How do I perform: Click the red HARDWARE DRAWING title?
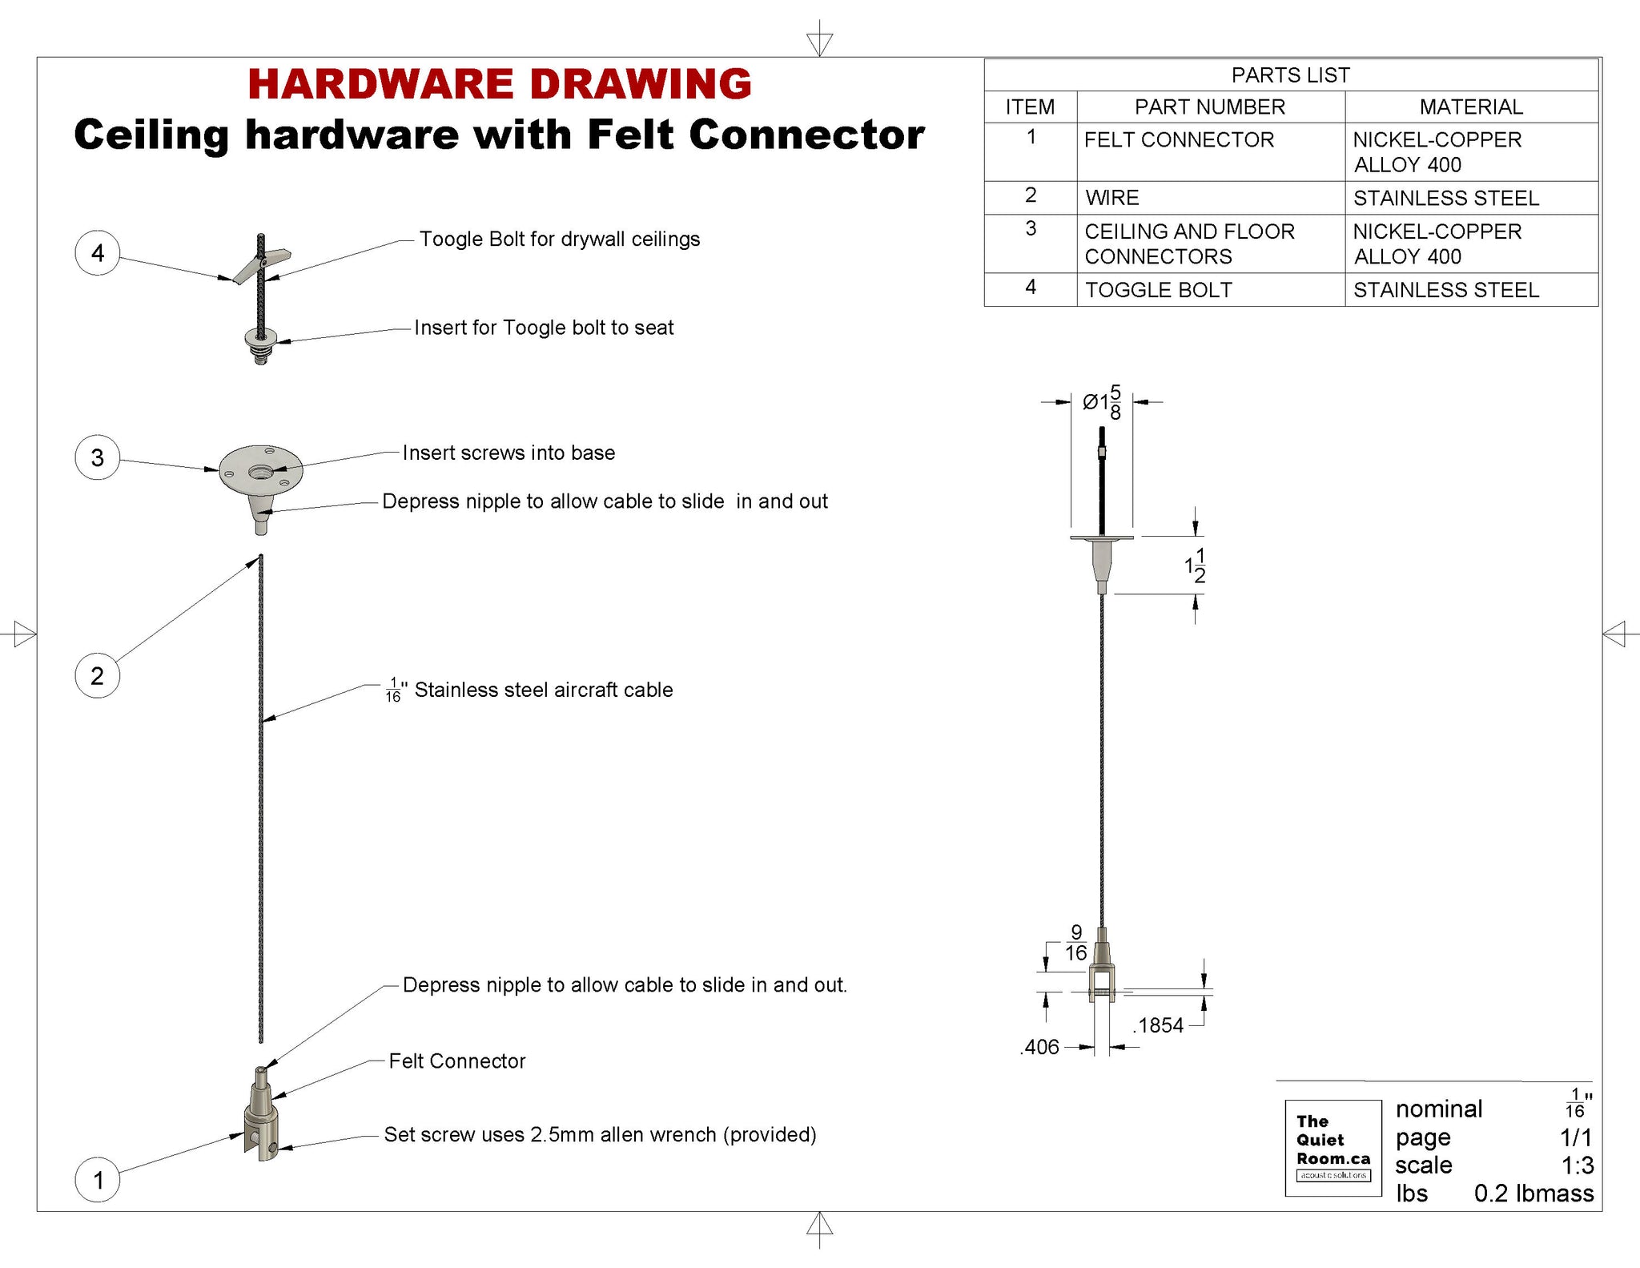coord(500,84)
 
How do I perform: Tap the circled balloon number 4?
coord(98,253)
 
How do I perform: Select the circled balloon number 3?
coord(98,457)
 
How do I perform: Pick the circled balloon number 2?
coord(98,676)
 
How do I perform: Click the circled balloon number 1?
coord(98,1180)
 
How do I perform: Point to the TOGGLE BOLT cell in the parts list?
coord(1158,290)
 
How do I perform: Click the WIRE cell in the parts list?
coord(1112,198)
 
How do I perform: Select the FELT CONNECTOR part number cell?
coord(1179,140)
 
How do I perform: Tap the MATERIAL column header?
coord(1471,107)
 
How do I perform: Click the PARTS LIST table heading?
coord(1290,75)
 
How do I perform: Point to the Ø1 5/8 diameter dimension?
coord(1102,402)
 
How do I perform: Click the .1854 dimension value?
coord(1159,1025)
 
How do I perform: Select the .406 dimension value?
coord(1040,1047)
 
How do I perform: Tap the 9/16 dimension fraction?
coord(1075,943)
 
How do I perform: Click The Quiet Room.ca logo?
coord(1333,1148)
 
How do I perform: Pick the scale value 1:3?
coord(1577,1165)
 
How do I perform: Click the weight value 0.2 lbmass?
coord(1533,1194)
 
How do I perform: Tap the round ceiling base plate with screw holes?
coord(261,470)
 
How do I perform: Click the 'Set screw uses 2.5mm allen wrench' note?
coord(600,1135)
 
